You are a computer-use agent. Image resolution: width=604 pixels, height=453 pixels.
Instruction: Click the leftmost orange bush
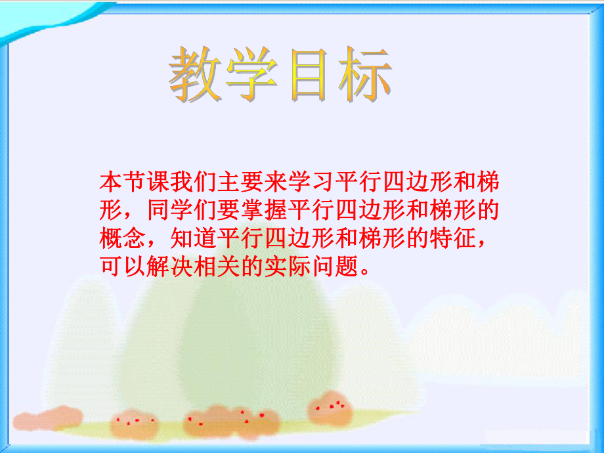(x=49, y=416)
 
